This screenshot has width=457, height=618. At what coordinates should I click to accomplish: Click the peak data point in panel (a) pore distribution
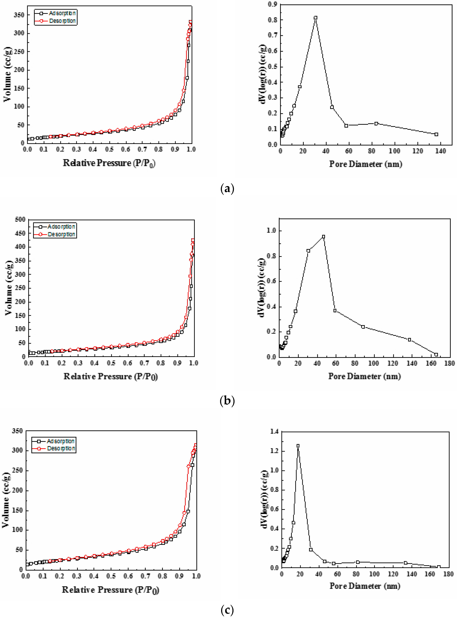point(315,18)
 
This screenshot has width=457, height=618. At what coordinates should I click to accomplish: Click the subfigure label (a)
point(227,189)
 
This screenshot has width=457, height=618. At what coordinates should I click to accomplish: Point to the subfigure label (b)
point(227,401)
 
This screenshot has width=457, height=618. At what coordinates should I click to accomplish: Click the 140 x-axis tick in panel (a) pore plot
point(440,151)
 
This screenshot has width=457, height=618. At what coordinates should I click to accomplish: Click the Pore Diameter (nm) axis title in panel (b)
point(364,376)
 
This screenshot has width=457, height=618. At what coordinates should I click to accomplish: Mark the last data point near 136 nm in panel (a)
point(436,134)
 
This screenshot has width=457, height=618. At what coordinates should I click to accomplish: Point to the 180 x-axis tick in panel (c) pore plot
point(448,574)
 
